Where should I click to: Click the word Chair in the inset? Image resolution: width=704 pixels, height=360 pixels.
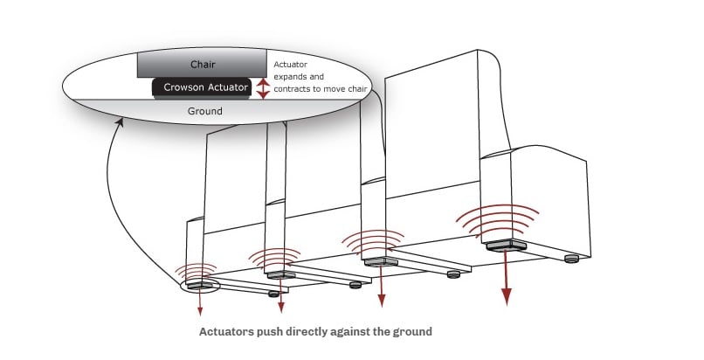[x=203, y=65]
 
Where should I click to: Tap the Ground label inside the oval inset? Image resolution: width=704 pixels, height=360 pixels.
[x=206, y=111]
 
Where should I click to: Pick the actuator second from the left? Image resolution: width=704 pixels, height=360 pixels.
[x=277, y=274]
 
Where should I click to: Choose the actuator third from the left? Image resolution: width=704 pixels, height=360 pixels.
[x=377, y=261]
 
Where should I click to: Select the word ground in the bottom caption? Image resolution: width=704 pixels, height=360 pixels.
[x=411, y=331]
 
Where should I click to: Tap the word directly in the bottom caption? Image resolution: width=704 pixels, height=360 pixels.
[x=315, y=331]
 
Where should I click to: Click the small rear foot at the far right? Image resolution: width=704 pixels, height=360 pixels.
[x=572, y=258]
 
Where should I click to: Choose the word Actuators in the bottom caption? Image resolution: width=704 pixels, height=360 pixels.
[x=229, y=331]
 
